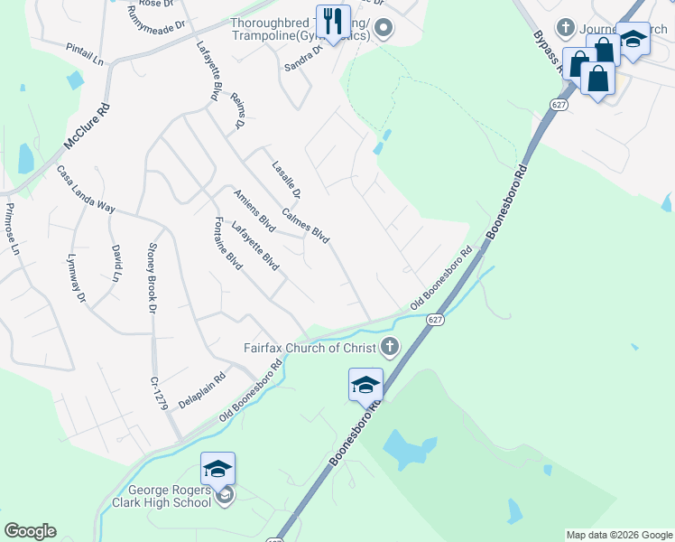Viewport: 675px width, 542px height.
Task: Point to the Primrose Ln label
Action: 12,229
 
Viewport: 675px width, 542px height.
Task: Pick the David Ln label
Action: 116,263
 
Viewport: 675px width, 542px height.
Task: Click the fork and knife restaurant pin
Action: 333,21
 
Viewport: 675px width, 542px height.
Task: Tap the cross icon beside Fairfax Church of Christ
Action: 389,346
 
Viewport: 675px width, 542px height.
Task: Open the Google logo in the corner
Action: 31,531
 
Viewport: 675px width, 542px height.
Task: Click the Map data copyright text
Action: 618,535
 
